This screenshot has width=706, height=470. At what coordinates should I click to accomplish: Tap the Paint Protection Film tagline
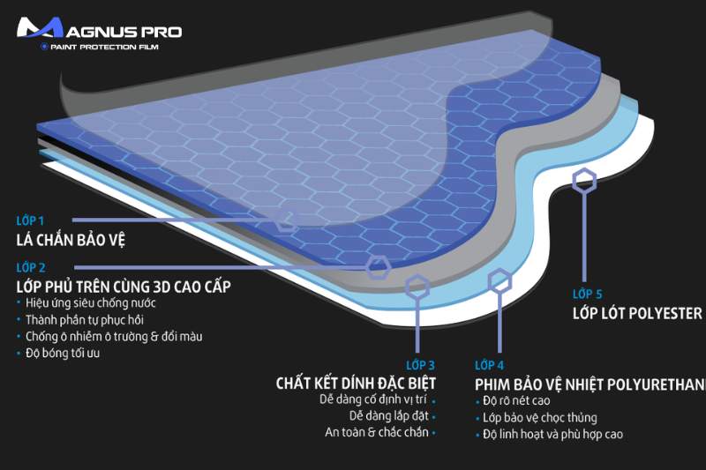point(103,47)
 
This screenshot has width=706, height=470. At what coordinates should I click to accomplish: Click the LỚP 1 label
point(29,220)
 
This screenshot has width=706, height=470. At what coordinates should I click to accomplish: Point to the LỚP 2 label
point(30,267)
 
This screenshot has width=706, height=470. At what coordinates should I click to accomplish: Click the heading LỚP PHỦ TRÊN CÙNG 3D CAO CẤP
point(124,287)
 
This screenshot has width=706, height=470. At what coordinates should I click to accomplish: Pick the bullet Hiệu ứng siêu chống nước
point(80,303)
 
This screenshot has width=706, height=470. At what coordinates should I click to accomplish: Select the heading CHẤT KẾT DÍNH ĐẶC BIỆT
point(356,384)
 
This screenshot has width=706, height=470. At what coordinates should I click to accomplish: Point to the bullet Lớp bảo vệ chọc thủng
point(540,417)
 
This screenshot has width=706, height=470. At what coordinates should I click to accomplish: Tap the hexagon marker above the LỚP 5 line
point(583,182)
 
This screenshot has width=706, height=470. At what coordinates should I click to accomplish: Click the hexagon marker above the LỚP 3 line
point(417,287)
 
